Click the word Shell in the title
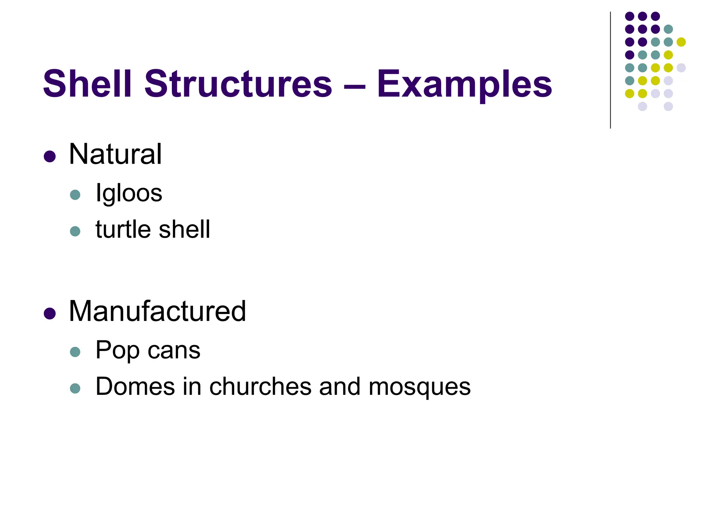tap(87, 84)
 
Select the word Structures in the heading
tap(238, 84)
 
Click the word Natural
tap(115, 154)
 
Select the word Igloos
tap(129, 193)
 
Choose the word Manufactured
tap(157, 311)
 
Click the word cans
tap(174, 350)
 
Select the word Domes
tap(135, 386)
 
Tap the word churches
tap(260, 386)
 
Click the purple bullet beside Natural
tap(50, 156)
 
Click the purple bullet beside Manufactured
tap(50, 313)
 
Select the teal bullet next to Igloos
tap(75, 195)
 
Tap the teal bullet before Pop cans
tap(75, 352)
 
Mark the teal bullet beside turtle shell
tap(75, 231)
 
